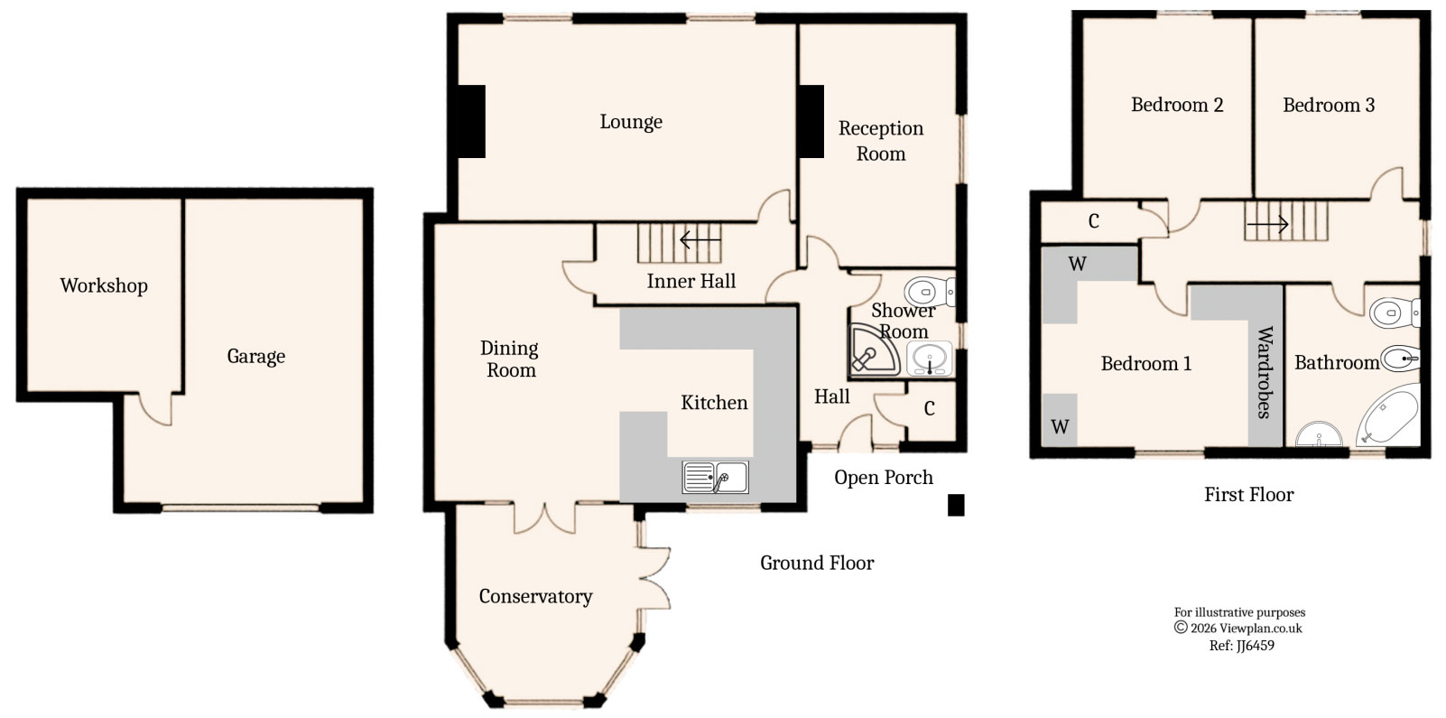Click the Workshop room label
point(104,285)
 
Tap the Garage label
point(255,356)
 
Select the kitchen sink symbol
point(716,477)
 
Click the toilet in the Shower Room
point(928,292)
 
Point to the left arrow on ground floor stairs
point(700,240)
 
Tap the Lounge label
point(631,122)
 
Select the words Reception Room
point(881,141)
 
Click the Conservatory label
point(535,596)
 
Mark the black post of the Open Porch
point(956,505)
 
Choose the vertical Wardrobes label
point(1265,372)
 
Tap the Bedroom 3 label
point(1329,105)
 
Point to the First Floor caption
point(1248,494)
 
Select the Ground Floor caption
point(817,563)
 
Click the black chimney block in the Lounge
point(471,121)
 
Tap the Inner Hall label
point(691,281)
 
